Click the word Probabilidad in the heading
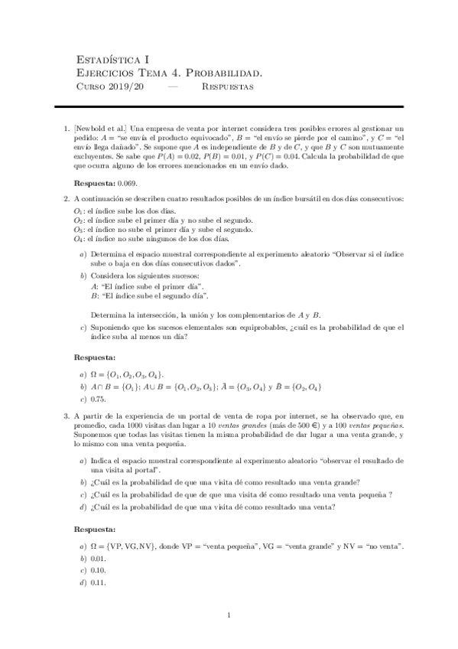(226, 73)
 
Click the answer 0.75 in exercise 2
(98, 399)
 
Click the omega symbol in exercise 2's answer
(94, 374)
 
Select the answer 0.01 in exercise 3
(98, 559)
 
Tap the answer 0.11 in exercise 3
(98, 583)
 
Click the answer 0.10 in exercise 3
(98, 571)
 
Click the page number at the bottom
(229, 615)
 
